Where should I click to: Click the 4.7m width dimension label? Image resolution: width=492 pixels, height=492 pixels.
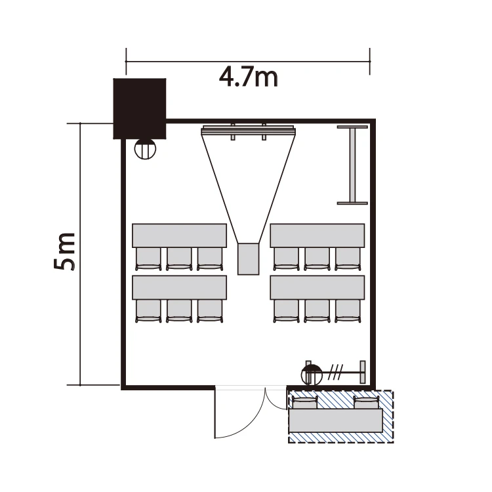tap(249, 77)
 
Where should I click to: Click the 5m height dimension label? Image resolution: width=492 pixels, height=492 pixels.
tap(64, 251)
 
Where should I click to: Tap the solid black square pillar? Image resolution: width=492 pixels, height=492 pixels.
tap(140, 108)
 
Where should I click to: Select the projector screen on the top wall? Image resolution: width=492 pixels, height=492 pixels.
tap(248, 131)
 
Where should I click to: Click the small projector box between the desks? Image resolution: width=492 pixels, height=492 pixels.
tap(248, 259)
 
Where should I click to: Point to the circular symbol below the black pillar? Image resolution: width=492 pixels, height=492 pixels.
tap(145, 149)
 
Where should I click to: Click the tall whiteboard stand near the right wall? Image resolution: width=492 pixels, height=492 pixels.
tap(352, 165)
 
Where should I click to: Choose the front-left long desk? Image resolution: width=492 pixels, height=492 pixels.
tap(180, 236)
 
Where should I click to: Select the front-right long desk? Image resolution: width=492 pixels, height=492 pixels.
tap(318, 236)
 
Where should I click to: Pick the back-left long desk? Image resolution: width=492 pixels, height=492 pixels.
tap(180, 287)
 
